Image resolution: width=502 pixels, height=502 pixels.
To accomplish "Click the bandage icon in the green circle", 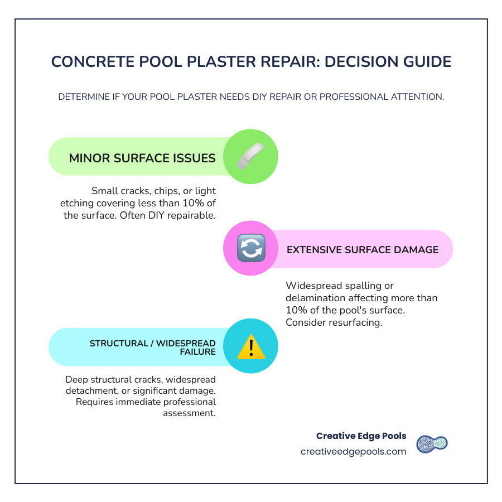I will point(250,157).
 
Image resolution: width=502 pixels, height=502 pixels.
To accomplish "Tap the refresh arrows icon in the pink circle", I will point(250,249).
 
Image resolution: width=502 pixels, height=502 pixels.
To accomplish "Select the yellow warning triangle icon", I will point(250,347).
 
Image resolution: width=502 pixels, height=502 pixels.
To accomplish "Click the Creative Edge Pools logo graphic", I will point(432,444).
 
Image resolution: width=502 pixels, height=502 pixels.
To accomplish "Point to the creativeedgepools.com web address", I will point(354,452).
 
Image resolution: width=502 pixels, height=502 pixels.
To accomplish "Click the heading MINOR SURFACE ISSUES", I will point(142,158).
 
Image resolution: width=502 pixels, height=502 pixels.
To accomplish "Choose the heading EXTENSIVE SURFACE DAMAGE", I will point(363,249).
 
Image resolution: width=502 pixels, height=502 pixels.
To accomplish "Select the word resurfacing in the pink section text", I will point(356,322).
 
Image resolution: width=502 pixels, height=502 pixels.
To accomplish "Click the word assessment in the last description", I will point(189,413).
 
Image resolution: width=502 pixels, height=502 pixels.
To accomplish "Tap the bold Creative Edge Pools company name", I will point(361,436).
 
